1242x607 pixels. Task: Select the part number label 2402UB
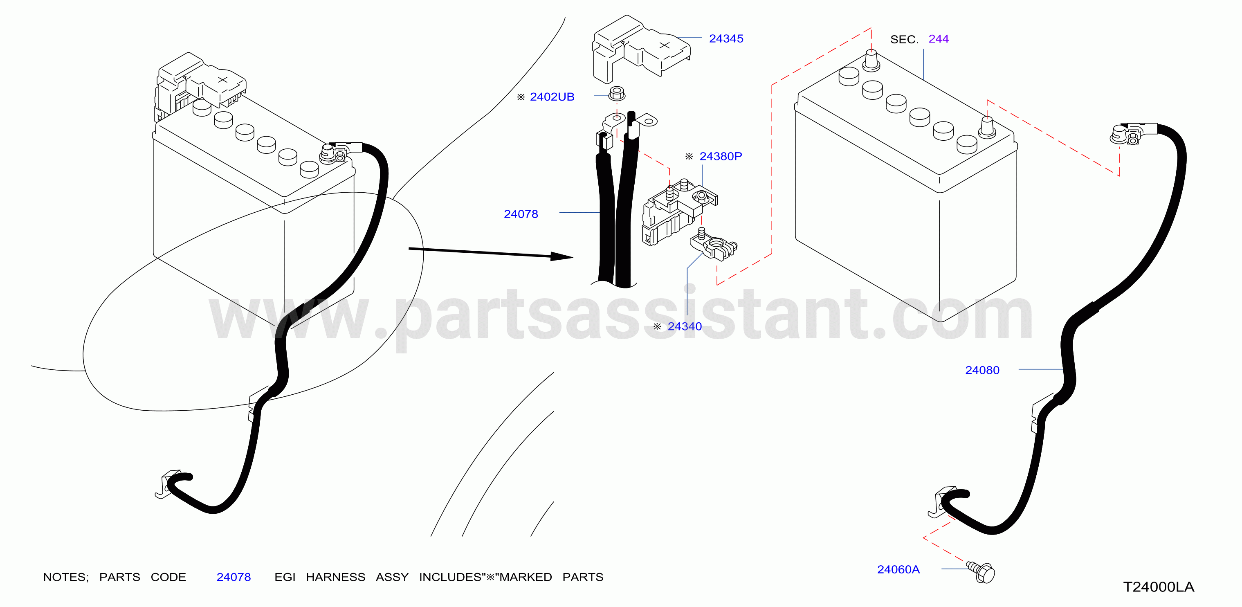tap(552, 97)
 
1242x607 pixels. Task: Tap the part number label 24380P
tap(720, 156)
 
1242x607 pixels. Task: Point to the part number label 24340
tap(684, 326)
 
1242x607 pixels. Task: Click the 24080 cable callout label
tap(982, 370)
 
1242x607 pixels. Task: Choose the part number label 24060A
tap(898, 569)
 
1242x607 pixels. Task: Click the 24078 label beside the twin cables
tap(521, 214)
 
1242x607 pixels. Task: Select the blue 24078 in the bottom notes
tap(234, 577)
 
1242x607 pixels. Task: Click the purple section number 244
tap(938, 39)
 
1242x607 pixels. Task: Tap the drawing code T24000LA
tap(1159, 587)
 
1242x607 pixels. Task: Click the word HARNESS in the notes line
tap(336, 577)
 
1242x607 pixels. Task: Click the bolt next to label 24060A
tap(981, 572)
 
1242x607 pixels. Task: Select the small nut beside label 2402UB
tap(617, 94)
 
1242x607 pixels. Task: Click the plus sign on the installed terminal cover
tap(222, 79)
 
